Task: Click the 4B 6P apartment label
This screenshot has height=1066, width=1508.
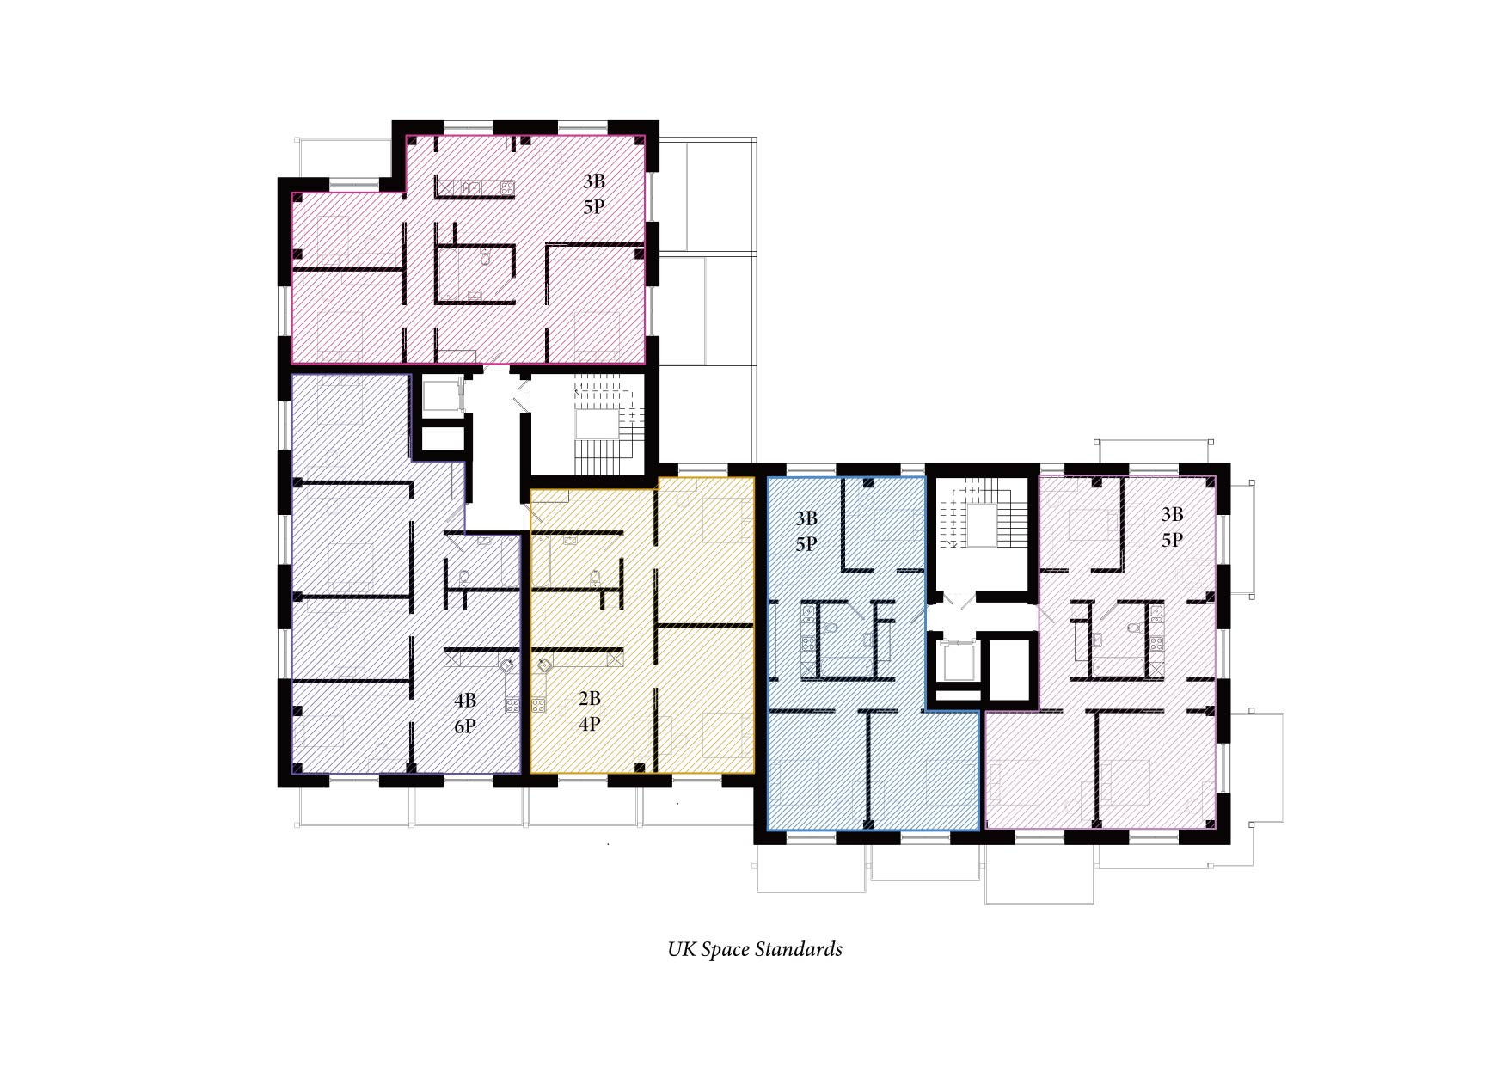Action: [x=465, y=714]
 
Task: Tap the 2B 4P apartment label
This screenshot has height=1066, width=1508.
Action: [x=589, y=711]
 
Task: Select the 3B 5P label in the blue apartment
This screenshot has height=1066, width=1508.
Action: [x=806, y=531]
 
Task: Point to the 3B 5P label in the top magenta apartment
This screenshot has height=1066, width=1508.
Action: [x=594, y=194]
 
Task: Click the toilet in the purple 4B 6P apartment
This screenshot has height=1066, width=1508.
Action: [x=464, y=577]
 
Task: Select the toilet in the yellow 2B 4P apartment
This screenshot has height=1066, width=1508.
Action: [x=594, y=576]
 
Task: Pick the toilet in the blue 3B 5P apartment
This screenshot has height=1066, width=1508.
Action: [x=830, y=628]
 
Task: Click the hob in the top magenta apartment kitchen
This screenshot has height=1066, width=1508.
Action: [x=506, y=187]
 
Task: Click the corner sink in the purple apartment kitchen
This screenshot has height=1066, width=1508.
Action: [x=506, y=665]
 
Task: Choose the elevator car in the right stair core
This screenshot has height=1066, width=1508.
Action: [x=956, y=659]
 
